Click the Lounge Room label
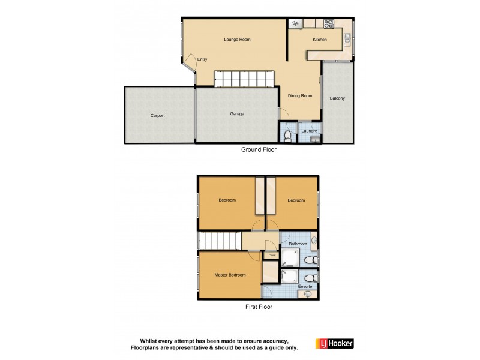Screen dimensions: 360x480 [237, 40]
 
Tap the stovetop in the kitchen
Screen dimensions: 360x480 [328, 25]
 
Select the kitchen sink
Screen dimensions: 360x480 [348, 40]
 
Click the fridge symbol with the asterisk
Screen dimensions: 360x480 [295, 24]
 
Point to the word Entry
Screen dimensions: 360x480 [202, 59]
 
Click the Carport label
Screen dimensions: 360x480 [158, 115]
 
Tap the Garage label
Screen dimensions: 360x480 [237, 114]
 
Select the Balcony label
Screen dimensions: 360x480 [337, 98]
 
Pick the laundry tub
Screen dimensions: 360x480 [316, 139]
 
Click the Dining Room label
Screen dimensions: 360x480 [300, 95]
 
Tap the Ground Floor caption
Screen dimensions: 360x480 [259, 150]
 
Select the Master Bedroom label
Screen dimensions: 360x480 [230, 275]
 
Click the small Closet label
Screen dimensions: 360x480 [272, 255]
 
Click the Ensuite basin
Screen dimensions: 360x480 [309, 295]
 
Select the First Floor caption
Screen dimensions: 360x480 [258, 307]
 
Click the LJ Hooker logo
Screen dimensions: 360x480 [334, 344]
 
